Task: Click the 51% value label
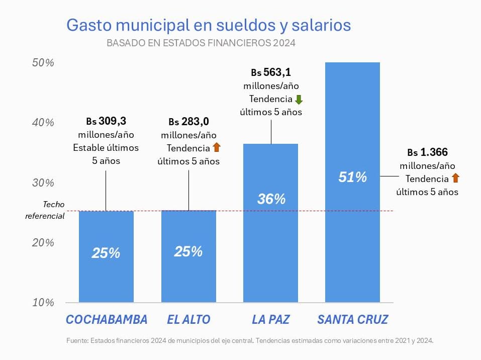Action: pos(352,177)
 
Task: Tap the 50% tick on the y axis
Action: pos(43,63)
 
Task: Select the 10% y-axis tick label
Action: pos(43,303)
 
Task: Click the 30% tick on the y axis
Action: pos(43,183)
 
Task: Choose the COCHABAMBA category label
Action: pos(107,320)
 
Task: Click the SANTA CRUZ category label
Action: pos(353,320)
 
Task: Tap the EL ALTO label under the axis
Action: pos(188,320)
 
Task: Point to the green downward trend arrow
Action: pos(299,99)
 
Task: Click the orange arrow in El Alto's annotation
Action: pos(216,148)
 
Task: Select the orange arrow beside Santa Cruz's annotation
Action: pos(455,178)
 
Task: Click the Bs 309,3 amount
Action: pos(106,121)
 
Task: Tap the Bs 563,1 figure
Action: pos(271,72)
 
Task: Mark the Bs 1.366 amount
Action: pos(427,152)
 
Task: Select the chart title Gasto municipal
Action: pos(209,25)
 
